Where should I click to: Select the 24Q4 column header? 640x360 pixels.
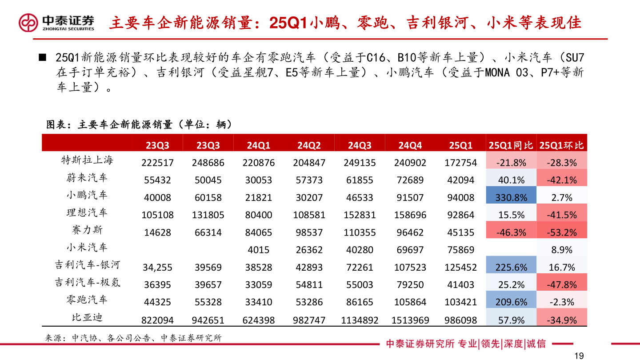(410, 145)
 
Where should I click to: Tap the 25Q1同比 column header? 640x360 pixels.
(511, 145)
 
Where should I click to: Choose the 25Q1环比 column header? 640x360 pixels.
(561, 145)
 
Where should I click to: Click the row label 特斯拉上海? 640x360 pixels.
(87, 160)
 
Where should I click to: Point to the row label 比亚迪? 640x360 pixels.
(87, 317)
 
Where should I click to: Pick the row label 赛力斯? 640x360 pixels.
(87, 230)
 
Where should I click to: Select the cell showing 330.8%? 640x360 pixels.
(511, 198)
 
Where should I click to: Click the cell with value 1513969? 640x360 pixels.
(410, 320)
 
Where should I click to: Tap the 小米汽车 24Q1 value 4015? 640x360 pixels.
(259, 250)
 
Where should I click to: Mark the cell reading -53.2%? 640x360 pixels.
(561, 232)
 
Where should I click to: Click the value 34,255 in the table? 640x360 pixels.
(158, 268)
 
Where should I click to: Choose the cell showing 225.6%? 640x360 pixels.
(511, 268)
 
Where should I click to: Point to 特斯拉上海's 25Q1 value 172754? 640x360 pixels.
(461, 163)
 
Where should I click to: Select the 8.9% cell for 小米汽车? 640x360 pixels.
(561, 250)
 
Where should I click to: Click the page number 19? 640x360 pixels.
(579, 355)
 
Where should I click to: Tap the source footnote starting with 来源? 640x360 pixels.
(133, 338)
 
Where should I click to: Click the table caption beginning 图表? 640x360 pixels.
(139, 125)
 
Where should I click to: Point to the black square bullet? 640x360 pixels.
(43, 58)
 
